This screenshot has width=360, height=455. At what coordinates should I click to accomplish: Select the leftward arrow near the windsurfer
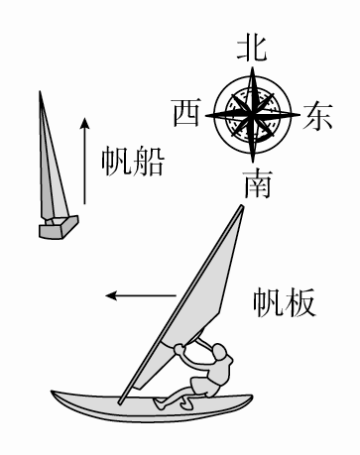[x=140, y=294]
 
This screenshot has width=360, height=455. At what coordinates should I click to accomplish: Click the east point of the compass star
[x=295, y=114]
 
